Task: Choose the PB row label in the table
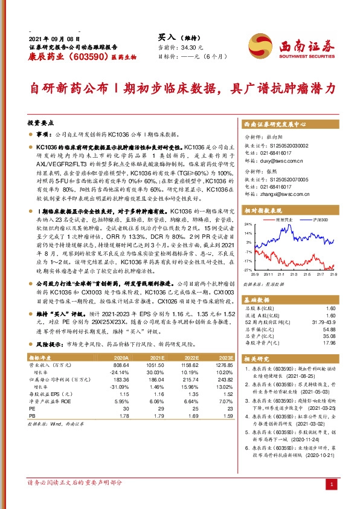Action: coord(33,415)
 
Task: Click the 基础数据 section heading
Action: coord(259,300)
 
